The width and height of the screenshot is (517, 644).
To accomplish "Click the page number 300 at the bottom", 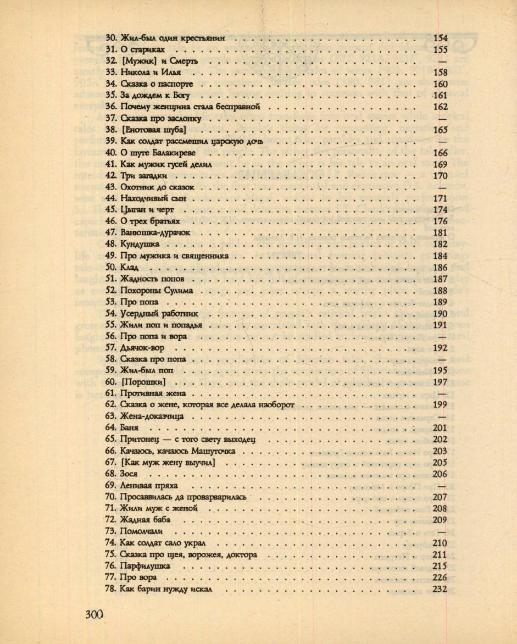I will coord(94,614).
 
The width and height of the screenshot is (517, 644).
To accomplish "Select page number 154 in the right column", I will coord(440,38).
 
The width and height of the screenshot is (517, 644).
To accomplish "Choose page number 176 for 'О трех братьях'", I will coord(440,221).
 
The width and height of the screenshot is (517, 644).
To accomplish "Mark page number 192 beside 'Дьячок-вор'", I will coord(440,348).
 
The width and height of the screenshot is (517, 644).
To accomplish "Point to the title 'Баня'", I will coord(130,428).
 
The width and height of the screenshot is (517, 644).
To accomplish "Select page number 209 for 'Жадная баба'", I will coord(440,519).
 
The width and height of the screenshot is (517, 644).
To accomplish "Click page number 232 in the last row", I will coord(440,589).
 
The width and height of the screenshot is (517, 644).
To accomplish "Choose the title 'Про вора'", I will coord(138,577).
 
